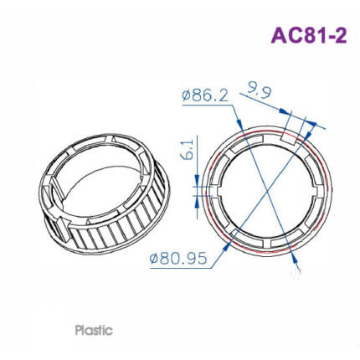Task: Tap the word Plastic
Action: pyautogui.click(x=93, y=330)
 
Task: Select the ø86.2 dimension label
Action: pyautogui.click(x=205, y=96)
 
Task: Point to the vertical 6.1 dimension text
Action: pyautogui.click(x=188, y=152)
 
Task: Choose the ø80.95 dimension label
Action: pyautogui.click(x=177, y=259)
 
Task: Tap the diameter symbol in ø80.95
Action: pyautogui.click(x=154, y=259)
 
